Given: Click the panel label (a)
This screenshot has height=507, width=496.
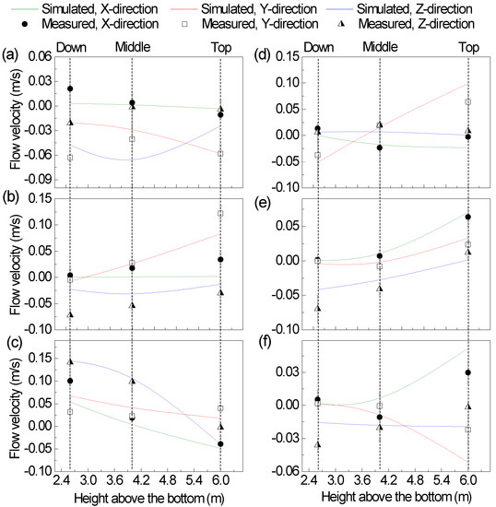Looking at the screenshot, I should click(x=13, y=55).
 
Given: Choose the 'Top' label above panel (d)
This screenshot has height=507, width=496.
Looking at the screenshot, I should click(x=468, y=45).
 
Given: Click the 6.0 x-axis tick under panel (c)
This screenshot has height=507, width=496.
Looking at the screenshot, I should click(x=219, y=480).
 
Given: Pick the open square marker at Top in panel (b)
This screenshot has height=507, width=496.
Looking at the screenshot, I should click(x=219, y=214).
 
